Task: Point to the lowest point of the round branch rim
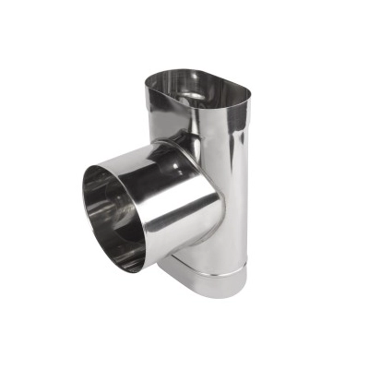pyautogui.click(x=138, y=271)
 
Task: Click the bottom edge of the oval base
pyautogui.click(x=217, y=294)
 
